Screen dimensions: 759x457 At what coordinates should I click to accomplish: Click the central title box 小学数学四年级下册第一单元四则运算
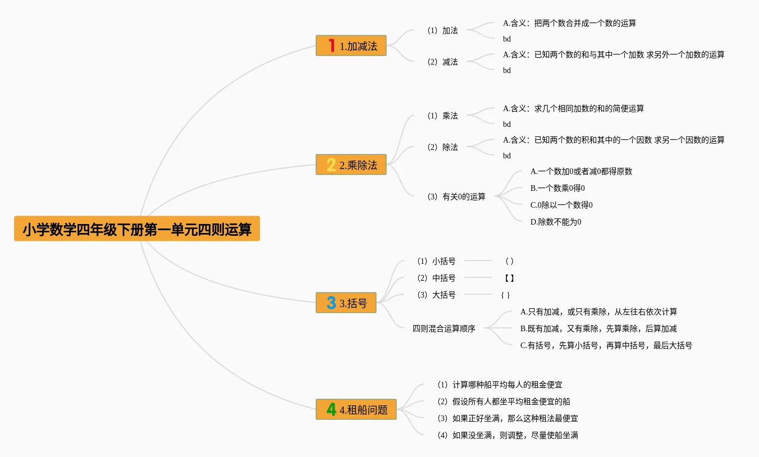pyautogui.click(x=137, y=228)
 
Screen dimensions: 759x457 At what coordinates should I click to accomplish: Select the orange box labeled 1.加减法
pyautogui.click(x=351, y=45)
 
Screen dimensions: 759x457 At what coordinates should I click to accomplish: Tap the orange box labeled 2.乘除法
pyautogui.click(x=351, y=164)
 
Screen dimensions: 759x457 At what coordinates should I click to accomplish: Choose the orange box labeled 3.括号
pyautogui.click(x=346, y=303)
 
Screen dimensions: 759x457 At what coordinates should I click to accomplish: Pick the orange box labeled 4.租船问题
pyautogui.click(x=356, y=409)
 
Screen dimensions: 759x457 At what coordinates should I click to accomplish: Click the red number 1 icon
pyautogui.click(x=331, y=45)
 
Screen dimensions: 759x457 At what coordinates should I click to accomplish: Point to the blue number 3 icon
pyautogui.click(x=331, y=303)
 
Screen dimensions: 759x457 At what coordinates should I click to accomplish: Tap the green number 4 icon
pyautogui.click(x=331, y=409)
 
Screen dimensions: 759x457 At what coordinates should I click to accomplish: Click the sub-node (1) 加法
pyautogui.click(x=442, y=30)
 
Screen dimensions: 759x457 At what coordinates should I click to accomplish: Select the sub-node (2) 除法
pyautogui.click(x=442, y=147)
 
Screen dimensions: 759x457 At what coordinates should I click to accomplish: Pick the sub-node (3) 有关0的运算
pyautogui.click(x=456, y=196)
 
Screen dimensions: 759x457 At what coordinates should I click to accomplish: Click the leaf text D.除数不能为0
pyautogui.click(x=556, y=222)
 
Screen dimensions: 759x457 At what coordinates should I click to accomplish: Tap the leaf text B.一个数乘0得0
pyautogui.click(x=557, y=188)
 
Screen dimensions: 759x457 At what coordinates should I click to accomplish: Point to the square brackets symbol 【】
pyautogui.click(x=509, y=278)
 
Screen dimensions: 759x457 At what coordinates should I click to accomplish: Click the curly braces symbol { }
pyautogui.click(x=506, y=295)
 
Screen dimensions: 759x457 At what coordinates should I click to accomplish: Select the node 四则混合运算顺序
pyautogui.click(x=444, y=328)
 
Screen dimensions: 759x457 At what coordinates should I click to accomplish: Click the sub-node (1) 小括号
pyautogui.click(x=436, y=261)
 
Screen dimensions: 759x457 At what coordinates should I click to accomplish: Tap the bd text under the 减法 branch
pyautogui.click(x=507, y=71)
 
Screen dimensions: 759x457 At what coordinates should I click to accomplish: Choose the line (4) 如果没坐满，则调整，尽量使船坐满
pyautogui.click(x=508, y=435)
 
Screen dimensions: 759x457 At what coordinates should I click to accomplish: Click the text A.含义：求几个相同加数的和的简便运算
pyautogui.click(x=573, y=108)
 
